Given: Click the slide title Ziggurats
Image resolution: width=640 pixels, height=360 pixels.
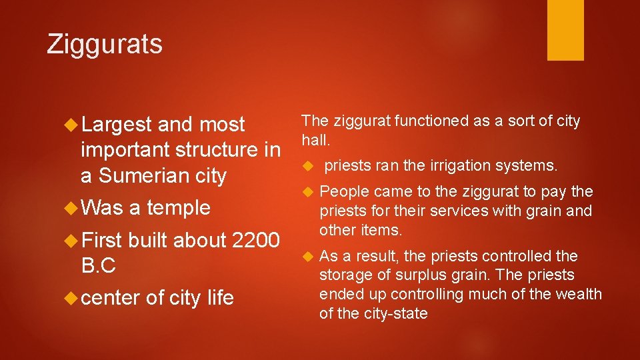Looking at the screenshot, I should coord(105,44).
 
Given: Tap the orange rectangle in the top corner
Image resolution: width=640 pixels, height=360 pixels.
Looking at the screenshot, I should coord(565,30).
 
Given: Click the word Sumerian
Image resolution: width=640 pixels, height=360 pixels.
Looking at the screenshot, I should coord(133,175).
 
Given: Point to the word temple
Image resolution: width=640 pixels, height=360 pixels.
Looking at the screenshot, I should coord(179,208).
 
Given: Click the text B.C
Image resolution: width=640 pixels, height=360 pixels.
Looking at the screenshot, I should coord(98,265).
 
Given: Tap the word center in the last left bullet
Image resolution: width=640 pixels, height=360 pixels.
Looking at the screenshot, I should coord(110,297).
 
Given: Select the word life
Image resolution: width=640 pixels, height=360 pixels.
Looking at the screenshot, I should coord(220,297).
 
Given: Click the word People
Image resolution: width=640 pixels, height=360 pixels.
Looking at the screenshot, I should coord(344,192).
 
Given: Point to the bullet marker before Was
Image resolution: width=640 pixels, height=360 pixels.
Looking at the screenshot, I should coord(72,208).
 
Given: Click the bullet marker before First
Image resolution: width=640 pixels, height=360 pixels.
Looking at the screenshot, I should coord(72,240).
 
